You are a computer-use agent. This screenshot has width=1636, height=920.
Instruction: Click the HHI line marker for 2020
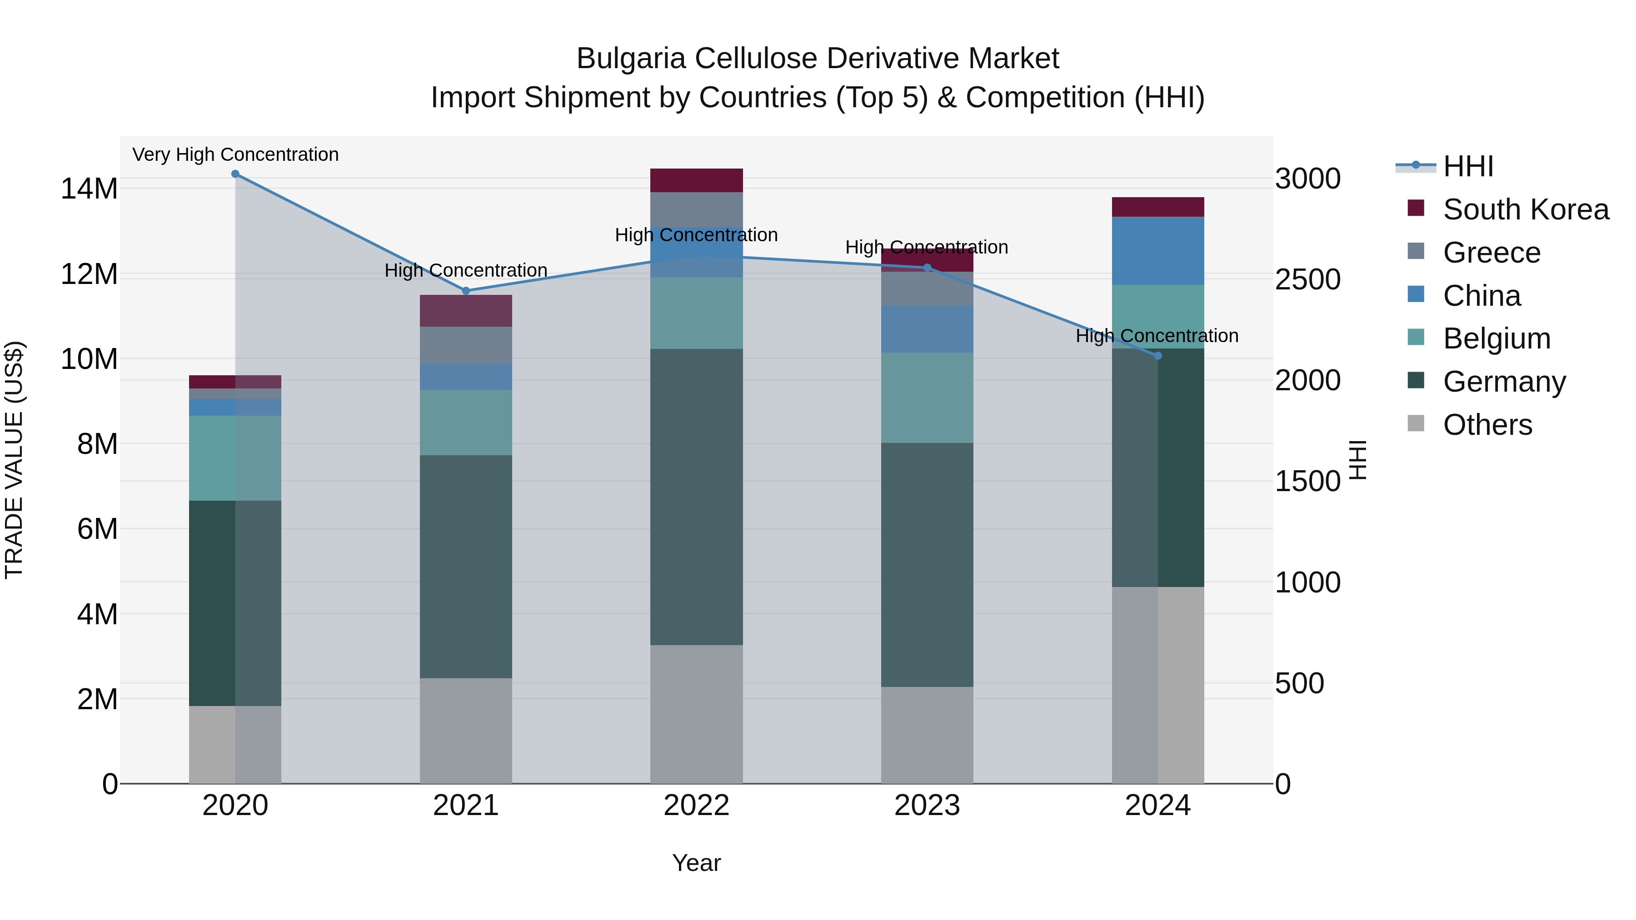[x=235, y=174]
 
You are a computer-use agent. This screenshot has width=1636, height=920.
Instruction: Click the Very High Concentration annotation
[x=235, y=154]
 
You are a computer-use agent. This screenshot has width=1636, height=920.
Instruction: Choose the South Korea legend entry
[x=1526, y=209]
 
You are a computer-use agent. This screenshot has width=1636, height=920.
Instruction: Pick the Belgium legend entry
[x=1496, y=338]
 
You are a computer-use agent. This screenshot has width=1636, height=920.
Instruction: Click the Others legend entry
[x=1487, y=425]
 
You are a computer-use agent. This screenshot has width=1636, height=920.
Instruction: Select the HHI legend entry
[x=1468, y=166]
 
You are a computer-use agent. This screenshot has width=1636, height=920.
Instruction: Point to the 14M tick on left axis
[x=89, y=189]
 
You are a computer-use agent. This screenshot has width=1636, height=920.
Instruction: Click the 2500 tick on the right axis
[x=1307, y=279]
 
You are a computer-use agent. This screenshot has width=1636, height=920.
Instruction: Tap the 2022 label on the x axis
[x=696, y=806]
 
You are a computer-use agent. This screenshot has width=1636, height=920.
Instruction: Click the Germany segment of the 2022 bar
[x=696, y=497]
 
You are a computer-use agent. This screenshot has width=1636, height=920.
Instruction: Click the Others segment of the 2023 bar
[x=927, y=735]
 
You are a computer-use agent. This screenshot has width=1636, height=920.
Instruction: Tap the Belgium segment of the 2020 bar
[x=235, y=458]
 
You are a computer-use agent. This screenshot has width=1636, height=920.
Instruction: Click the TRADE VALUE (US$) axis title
[x=14, y=460]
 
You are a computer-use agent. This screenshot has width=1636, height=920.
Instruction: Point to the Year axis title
[x=696, y=863]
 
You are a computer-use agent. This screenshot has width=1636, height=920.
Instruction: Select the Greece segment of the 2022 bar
[x=696, y=209]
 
